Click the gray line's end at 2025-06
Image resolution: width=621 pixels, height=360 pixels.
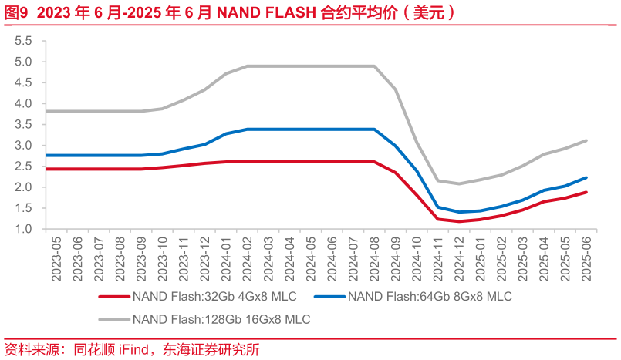pyautogui.click(x=586, y=140)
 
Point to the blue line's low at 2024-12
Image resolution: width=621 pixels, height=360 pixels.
pyautogui.click(x=460, y=212)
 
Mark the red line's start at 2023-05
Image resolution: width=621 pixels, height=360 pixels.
pyautogui.click(x=48, y=169)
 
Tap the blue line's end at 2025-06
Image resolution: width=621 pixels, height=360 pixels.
pyautogui.click(x=586, y=177)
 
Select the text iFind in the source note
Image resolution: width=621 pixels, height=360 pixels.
pyautogui.click(x=133, y=349)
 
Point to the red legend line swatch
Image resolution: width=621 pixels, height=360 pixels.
pyautogui.click(x=113, y=296)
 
